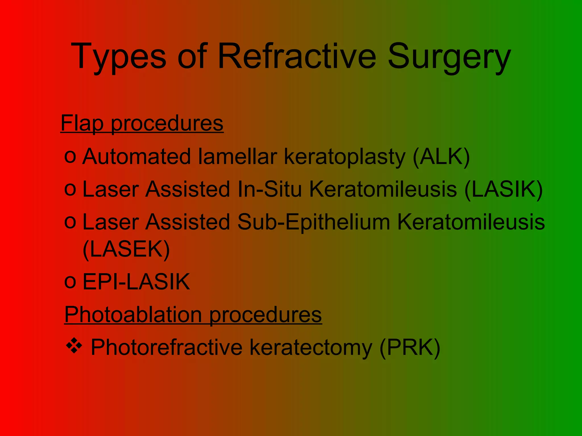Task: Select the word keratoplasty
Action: coord(345,157)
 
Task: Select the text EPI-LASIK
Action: coord(136,282)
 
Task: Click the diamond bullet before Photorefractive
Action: coord(74,346)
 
